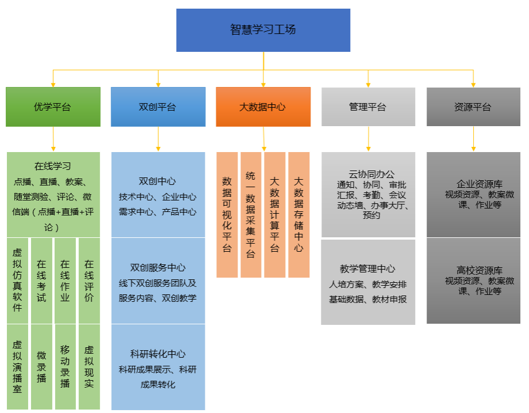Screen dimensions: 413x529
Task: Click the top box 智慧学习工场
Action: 263,30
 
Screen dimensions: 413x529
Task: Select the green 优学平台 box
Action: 53,107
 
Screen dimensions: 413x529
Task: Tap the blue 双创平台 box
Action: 158,107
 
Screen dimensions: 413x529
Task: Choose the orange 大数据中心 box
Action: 263,107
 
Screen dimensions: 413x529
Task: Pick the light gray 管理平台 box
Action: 368,107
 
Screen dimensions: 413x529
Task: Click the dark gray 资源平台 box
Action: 473,107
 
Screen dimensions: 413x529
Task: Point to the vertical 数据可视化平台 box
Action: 227,215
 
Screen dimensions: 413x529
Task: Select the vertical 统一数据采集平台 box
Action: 251,215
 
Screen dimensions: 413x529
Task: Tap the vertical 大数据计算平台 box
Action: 275,215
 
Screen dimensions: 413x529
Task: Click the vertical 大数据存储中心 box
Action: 298,215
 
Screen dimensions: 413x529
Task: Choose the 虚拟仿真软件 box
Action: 17,280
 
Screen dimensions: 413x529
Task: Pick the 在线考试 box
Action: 41,280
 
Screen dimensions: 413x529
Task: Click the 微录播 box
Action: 41,366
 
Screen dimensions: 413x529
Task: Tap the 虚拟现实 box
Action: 89,366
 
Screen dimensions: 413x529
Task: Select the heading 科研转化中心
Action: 158,354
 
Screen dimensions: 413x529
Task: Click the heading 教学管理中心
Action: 368,268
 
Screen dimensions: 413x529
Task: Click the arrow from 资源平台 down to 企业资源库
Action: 473,139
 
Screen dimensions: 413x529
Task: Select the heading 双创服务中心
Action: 158,267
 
